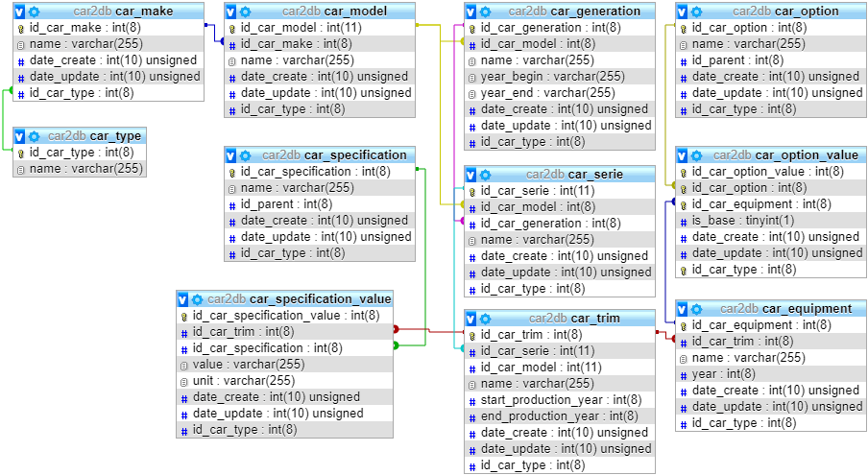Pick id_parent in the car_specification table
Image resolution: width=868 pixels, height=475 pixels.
[286, 204]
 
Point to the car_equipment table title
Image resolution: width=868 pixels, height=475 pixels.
[803, 308]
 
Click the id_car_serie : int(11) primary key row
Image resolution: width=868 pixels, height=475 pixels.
[538, 191]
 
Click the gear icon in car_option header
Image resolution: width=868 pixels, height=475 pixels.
[697, 12]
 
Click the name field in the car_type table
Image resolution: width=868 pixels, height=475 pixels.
[85, 169]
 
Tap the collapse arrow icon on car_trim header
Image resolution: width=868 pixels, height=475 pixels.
[471, 318]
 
